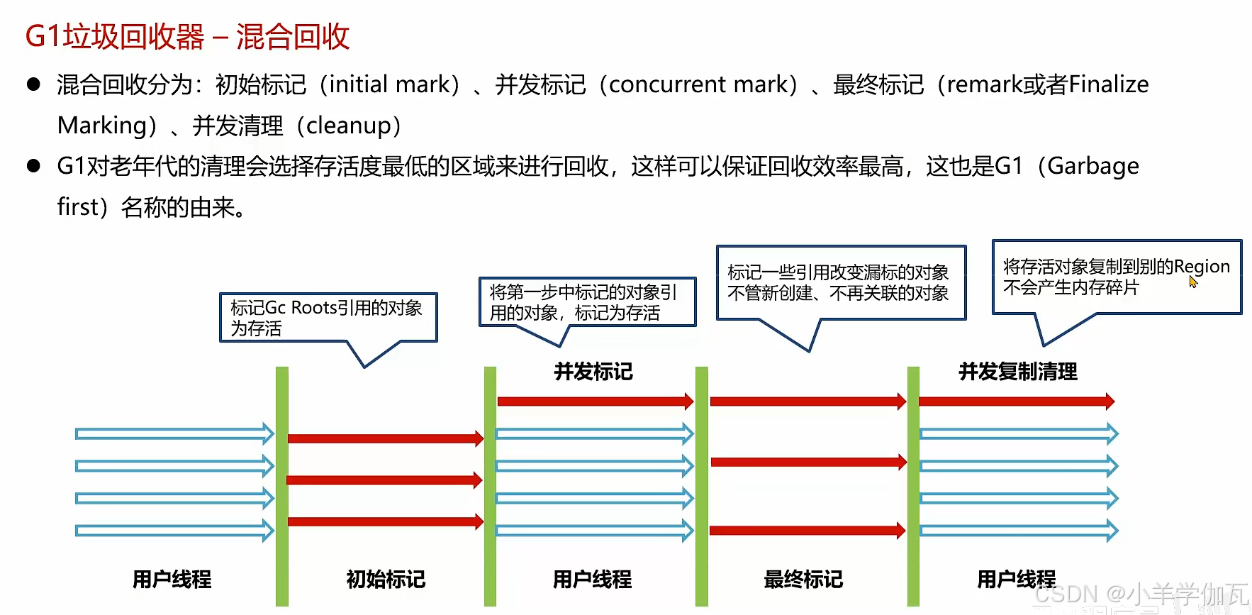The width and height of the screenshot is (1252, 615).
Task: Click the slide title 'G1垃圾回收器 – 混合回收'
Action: (187, 37)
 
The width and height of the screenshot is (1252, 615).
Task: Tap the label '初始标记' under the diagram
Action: (386, 580)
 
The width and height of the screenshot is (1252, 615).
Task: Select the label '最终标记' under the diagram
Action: (803, 580)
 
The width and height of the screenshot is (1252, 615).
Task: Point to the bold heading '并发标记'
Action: (593, 371)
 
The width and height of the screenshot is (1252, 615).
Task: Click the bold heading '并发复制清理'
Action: (1018, 371)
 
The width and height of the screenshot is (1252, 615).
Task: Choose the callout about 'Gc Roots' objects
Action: (328, 317)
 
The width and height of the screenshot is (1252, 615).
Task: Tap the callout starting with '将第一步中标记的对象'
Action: (586, 301)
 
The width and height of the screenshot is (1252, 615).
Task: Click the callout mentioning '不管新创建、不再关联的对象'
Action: (840, 282)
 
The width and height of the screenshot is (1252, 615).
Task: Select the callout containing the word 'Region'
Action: (1116, 277)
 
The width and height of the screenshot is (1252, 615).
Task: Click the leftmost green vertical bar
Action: (282, 486)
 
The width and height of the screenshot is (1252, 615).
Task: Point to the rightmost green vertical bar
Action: (913, 486)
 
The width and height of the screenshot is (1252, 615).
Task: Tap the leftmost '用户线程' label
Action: (172, 580)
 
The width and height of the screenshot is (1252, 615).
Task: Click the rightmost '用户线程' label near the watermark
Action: (1016, 580)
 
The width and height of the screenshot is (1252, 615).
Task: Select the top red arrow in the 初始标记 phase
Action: (385, 438)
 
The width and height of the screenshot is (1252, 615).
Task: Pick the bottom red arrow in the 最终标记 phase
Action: (807, 530)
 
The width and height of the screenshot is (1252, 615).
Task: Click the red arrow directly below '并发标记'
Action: (595, 401)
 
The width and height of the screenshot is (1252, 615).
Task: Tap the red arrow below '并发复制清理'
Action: (1016, 401)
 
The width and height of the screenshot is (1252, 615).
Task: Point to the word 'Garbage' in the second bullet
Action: (1093, 166)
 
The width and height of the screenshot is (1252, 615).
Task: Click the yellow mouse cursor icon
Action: (1193, 282)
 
